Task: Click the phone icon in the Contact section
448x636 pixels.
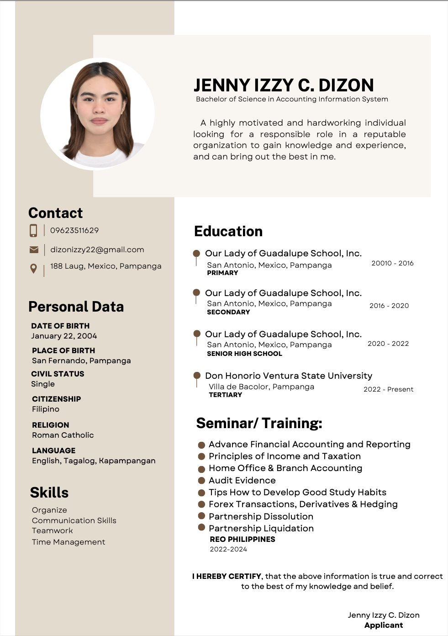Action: tap(33, 230)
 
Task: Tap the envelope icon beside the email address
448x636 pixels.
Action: tap(34, 249)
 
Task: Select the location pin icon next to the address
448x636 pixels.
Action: tap(33, 268)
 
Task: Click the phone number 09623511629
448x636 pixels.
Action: tap(74, 230)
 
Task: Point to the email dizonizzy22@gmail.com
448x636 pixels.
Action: tap(97, 249)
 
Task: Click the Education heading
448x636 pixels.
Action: tap(228, 231)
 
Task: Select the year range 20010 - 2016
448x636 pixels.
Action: tap(392, 263)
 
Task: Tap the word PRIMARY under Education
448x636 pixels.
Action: tap(222, 273)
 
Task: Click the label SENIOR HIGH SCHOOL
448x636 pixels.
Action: tap(244, 354)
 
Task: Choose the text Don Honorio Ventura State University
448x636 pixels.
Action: tap(289, 376)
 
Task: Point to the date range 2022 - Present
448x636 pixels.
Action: tap(388, 389)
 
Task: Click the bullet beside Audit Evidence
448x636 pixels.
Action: tap(201, 481)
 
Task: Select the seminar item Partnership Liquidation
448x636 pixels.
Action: tap(261, 528)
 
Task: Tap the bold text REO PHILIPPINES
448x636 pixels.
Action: tap(242, 539)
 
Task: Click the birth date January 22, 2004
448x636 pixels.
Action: tap(64, 336)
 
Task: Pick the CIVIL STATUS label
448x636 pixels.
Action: tap(58, 374)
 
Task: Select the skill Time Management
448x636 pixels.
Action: tap(69, 542)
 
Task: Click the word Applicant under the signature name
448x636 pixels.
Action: tap(384, 625)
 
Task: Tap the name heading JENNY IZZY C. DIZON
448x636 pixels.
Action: tap(284, 85)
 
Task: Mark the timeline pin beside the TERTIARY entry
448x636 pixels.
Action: tap(197, 376)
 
